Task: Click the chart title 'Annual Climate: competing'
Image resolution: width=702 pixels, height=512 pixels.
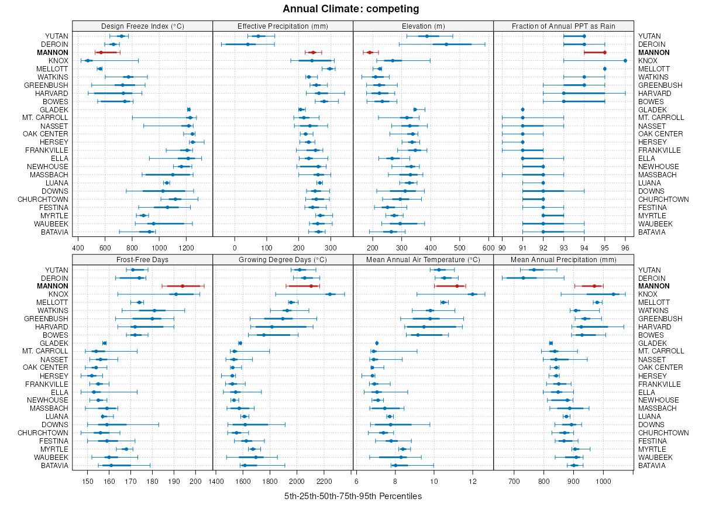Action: [350, 9]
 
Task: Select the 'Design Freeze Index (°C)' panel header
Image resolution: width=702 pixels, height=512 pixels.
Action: [142, 26]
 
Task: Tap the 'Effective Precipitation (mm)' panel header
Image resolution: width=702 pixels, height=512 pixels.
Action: [283, 26]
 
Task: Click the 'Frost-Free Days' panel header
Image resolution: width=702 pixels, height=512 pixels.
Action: [142, 259]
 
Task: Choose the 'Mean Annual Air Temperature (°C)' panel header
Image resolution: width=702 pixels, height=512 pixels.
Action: [423, 259]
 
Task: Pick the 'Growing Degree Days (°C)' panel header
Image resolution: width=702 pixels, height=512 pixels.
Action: [283, 259]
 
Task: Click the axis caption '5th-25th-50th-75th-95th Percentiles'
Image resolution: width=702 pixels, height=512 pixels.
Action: [353, 496]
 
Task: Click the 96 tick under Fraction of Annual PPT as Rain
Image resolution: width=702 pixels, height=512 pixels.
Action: [625, 248]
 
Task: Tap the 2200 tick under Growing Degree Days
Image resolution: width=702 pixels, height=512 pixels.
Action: [324, 482]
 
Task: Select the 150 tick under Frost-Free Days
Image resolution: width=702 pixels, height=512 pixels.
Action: [88, 482]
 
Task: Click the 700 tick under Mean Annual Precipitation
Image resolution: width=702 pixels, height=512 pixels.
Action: [514, 482]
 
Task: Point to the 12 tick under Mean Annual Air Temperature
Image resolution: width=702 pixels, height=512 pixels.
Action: [472, 482]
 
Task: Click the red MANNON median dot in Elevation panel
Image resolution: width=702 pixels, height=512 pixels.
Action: [370, 53]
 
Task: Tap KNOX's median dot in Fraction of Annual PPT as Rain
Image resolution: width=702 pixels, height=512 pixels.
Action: [625, 60]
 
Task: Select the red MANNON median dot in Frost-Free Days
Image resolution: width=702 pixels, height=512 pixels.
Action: [183, 286]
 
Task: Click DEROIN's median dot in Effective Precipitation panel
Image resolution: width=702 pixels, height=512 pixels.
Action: [247, 44]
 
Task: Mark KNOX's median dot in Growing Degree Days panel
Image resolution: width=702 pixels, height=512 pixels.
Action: [329, 294]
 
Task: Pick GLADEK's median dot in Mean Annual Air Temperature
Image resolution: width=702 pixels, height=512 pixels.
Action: [377, 343]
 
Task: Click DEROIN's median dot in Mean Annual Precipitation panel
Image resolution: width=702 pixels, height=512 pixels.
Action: [523, 278]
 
